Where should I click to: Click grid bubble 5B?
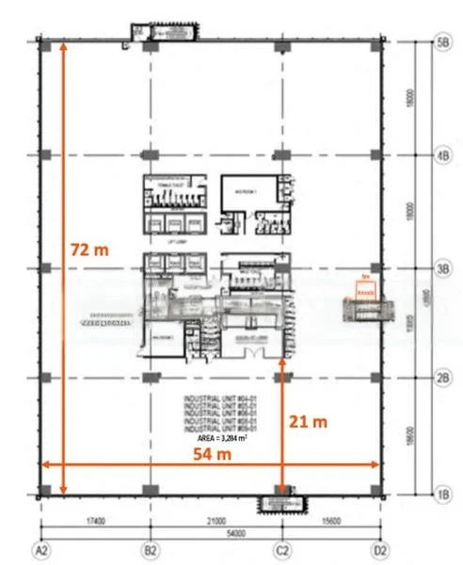[442, 42]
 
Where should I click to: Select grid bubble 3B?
[442, 268]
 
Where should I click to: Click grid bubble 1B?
[442, 492]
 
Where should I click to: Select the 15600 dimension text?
[330, 519]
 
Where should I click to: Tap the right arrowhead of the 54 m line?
[377, 462]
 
